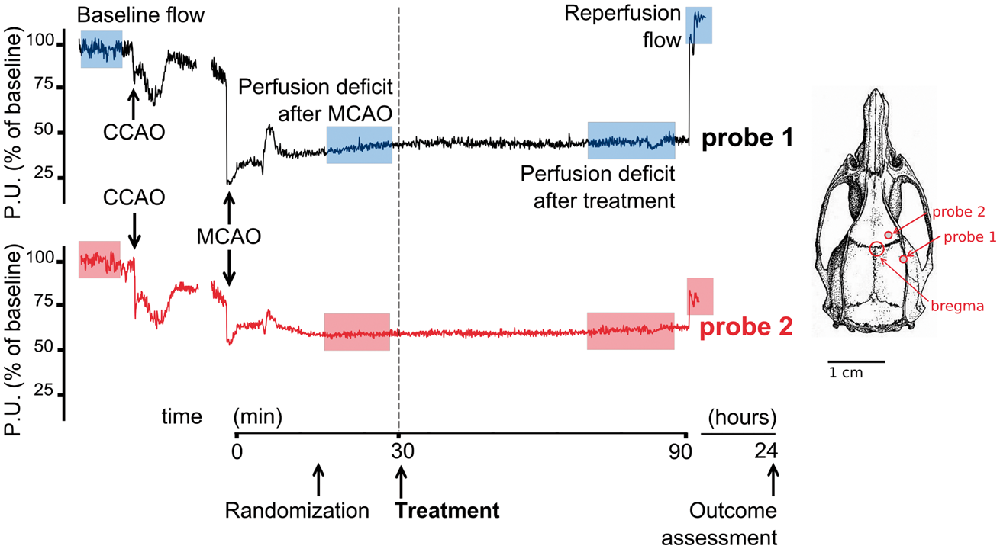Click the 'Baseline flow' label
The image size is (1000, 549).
140,15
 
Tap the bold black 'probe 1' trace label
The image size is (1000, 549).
747,138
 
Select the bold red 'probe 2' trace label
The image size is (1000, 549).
746,327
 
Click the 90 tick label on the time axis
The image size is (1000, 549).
680,452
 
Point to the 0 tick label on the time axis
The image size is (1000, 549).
237,452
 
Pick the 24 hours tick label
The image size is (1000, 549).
766,451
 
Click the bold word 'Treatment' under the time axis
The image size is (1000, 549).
447,511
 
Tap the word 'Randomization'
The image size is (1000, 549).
297,511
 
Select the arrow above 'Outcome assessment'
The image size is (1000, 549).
773,480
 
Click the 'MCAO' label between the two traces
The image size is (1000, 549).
228,236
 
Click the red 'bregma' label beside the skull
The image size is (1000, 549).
957,307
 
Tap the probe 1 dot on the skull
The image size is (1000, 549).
904,259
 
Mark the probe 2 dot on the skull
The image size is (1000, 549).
889,235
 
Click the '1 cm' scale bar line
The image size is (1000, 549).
856,361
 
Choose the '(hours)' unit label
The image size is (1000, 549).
742,417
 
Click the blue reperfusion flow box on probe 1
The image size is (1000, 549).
699,25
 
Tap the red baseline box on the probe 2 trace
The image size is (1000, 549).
99,259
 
